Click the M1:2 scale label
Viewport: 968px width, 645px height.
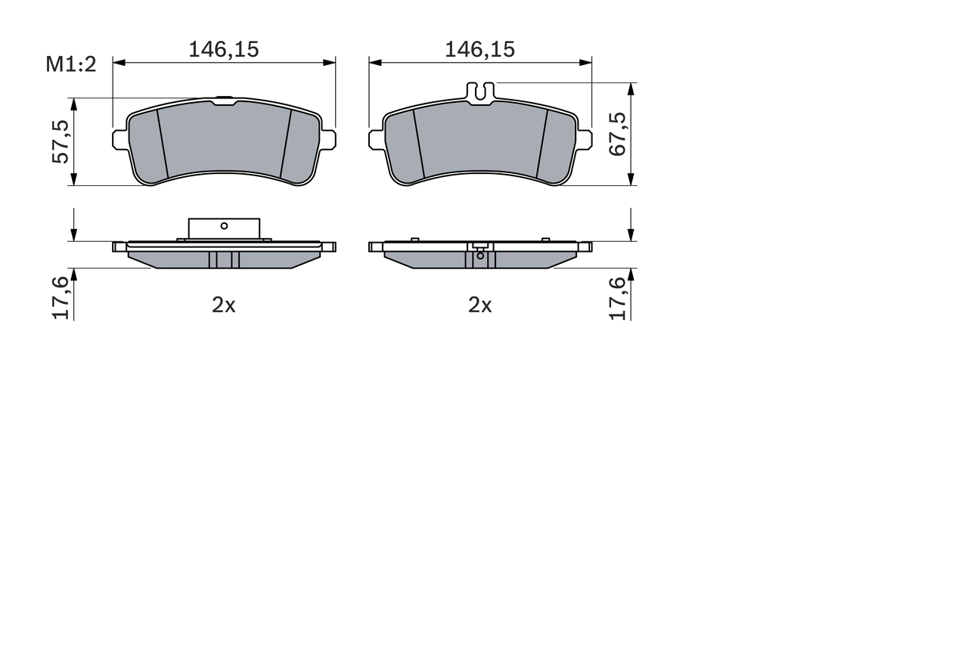coord(71,64)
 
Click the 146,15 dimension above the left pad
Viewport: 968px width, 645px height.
coord(224,49)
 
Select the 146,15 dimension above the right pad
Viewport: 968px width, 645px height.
coord(479,49)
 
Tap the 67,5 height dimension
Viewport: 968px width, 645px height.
coord(617,134)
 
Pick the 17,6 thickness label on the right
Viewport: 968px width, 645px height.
coord(618,297)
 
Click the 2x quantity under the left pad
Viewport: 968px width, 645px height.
coord(224,305)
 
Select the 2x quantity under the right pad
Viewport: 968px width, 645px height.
coord(479,305)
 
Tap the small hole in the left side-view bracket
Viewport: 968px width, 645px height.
coord(224,225)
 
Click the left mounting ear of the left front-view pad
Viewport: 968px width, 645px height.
coord(119,139)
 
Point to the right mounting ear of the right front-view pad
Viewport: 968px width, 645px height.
coord(585,139)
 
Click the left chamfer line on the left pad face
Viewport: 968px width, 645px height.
coord(162,144)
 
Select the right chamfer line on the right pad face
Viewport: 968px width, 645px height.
coord(541,144)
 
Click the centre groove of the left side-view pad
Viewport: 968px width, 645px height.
coord(224,259)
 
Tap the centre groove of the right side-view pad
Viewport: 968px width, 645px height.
coord(480,259)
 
